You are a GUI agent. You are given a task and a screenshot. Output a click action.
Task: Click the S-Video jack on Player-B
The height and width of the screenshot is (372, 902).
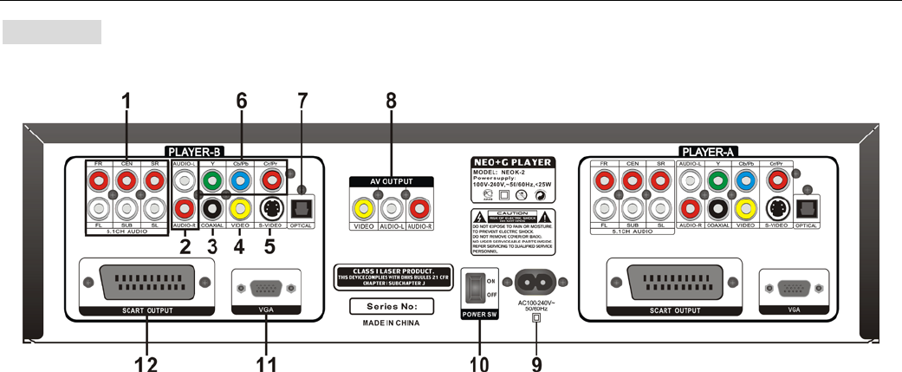pyautogui.click(x=270, y=208)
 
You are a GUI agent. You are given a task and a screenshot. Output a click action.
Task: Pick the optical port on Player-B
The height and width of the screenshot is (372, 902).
pyautogui.click(x=302, y=209)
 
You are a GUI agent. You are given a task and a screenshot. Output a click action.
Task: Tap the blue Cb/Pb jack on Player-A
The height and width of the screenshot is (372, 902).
pyautogui.click(x=745, y=180)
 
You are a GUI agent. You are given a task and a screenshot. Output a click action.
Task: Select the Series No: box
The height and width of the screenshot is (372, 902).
pyautogui.click(x=393, y=306)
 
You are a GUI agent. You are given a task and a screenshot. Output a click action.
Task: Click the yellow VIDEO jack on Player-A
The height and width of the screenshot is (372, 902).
pyautogui.click(x=745, y=209)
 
